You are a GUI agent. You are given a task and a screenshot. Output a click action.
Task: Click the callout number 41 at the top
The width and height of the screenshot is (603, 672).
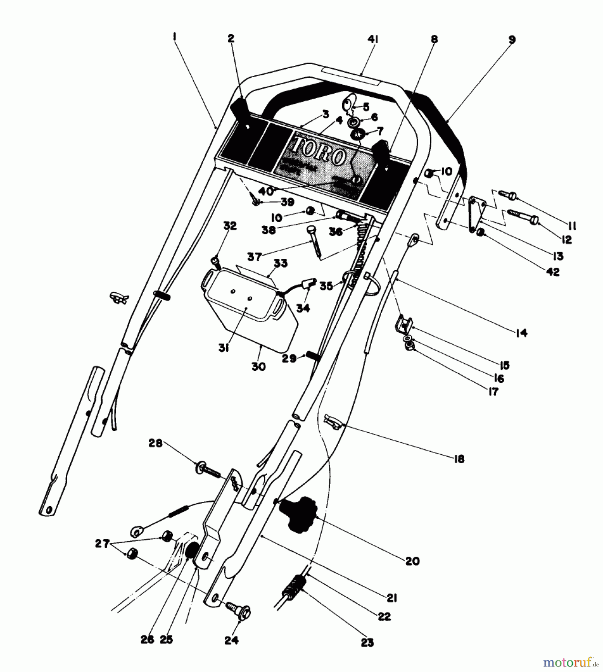tap(373, 40)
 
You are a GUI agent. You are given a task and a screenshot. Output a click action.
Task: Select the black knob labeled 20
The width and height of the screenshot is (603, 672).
tap(298, 514)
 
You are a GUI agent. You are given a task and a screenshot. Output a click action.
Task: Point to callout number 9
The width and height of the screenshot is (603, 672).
tap(512, 40)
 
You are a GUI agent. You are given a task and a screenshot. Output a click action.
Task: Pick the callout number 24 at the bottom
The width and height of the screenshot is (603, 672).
tap(231, 641)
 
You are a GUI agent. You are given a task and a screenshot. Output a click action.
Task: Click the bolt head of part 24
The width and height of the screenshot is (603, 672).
tap(244, 612)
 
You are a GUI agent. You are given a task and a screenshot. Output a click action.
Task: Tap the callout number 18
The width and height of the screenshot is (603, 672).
tap(459, 459)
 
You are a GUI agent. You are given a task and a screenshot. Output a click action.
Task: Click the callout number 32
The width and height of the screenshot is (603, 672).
tap(230, 226)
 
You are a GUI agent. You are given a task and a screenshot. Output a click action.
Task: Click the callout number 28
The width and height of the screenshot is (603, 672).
tap(156, 443)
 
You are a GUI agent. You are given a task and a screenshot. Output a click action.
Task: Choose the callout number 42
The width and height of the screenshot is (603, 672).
tap(553, 272)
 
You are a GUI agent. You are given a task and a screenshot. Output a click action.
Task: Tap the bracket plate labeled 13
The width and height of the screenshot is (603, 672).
tap(476, 214)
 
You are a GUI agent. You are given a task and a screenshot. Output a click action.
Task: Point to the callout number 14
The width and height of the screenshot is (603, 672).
tap(521, 333)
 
